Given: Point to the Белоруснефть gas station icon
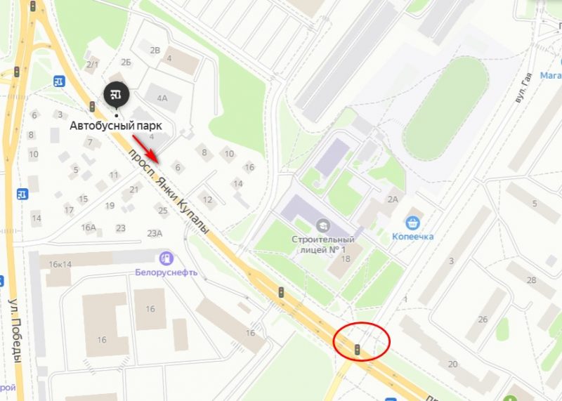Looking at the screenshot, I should pyautogui.click(x=166, y=259).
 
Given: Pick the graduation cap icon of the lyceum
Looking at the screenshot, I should pyautogui.click(x=324, y=225).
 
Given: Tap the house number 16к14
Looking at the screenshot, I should pyautogui.click(x=60, y=264).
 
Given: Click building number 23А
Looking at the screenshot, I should pyautogui.click(x=155, y=234).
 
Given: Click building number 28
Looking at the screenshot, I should pyautogui.click(x=531, y=280).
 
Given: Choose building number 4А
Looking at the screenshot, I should pyautogui.click(x=162, y=98).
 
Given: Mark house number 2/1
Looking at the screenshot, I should pyautogui.click(x=92, y=65).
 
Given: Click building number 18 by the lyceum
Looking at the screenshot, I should pyautogui.click(x=346, y=259).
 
